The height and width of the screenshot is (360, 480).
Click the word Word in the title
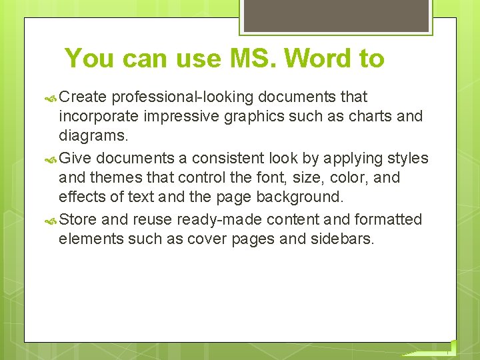coord(319,59)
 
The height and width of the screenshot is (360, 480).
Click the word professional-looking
coord(183,97)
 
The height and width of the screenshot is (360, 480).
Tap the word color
coord(344,178)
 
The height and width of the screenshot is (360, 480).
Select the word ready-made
coord(194,220)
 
